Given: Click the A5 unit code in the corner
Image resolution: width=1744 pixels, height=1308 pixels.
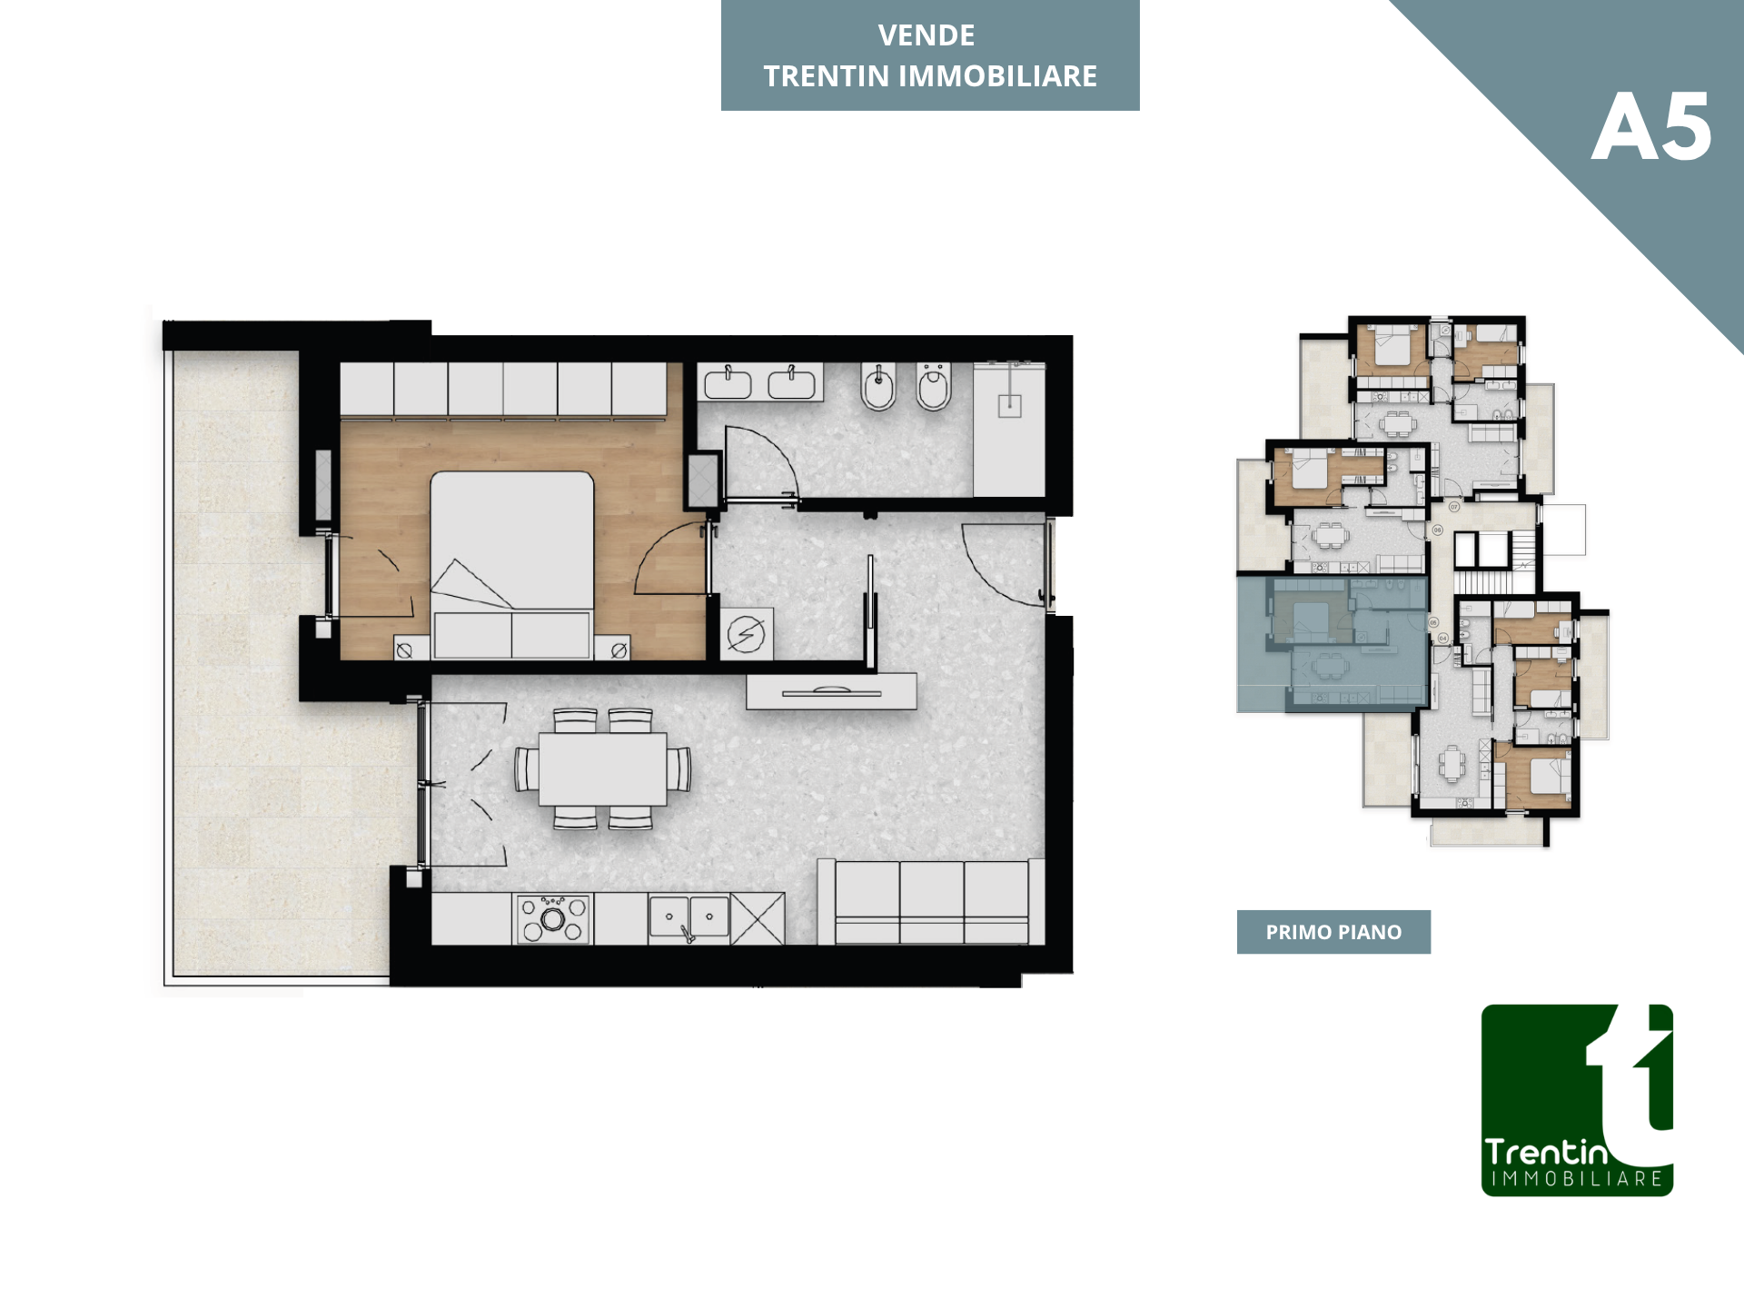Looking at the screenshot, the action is tap(1651, 127).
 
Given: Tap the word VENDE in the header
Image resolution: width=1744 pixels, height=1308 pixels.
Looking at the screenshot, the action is tap(926, 35).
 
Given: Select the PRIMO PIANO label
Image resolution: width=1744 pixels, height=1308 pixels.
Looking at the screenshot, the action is tap(1333, 932).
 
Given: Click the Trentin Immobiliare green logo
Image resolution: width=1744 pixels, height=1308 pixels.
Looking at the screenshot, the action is tap(1577, 1100).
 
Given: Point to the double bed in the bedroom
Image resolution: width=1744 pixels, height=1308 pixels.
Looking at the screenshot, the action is tap(512, 564).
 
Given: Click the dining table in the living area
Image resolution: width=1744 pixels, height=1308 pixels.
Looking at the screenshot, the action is tap(603, 769).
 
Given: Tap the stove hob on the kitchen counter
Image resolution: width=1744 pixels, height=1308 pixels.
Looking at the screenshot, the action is tap(553, 919).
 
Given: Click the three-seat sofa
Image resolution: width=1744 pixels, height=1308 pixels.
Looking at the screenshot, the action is tap(931, 902).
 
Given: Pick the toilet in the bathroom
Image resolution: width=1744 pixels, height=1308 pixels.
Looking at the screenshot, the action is tap(934, 387).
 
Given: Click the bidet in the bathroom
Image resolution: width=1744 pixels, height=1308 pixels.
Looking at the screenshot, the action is tap(878, 387).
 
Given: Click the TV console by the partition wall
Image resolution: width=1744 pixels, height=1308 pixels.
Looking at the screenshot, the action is tap(831, 691).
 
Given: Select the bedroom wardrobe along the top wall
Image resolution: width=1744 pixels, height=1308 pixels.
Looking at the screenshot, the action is tap(503, 391).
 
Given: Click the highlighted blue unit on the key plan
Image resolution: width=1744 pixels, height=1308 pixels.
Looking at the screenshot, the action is tap(1332, 643).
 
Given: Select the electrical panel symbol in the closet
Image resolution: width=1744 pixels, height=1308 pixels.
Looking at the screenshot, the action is tap(747, 633).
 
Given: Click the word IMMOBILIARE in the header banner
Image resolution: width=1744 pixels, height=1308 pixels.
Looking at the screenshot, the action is tap(997, 76).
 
